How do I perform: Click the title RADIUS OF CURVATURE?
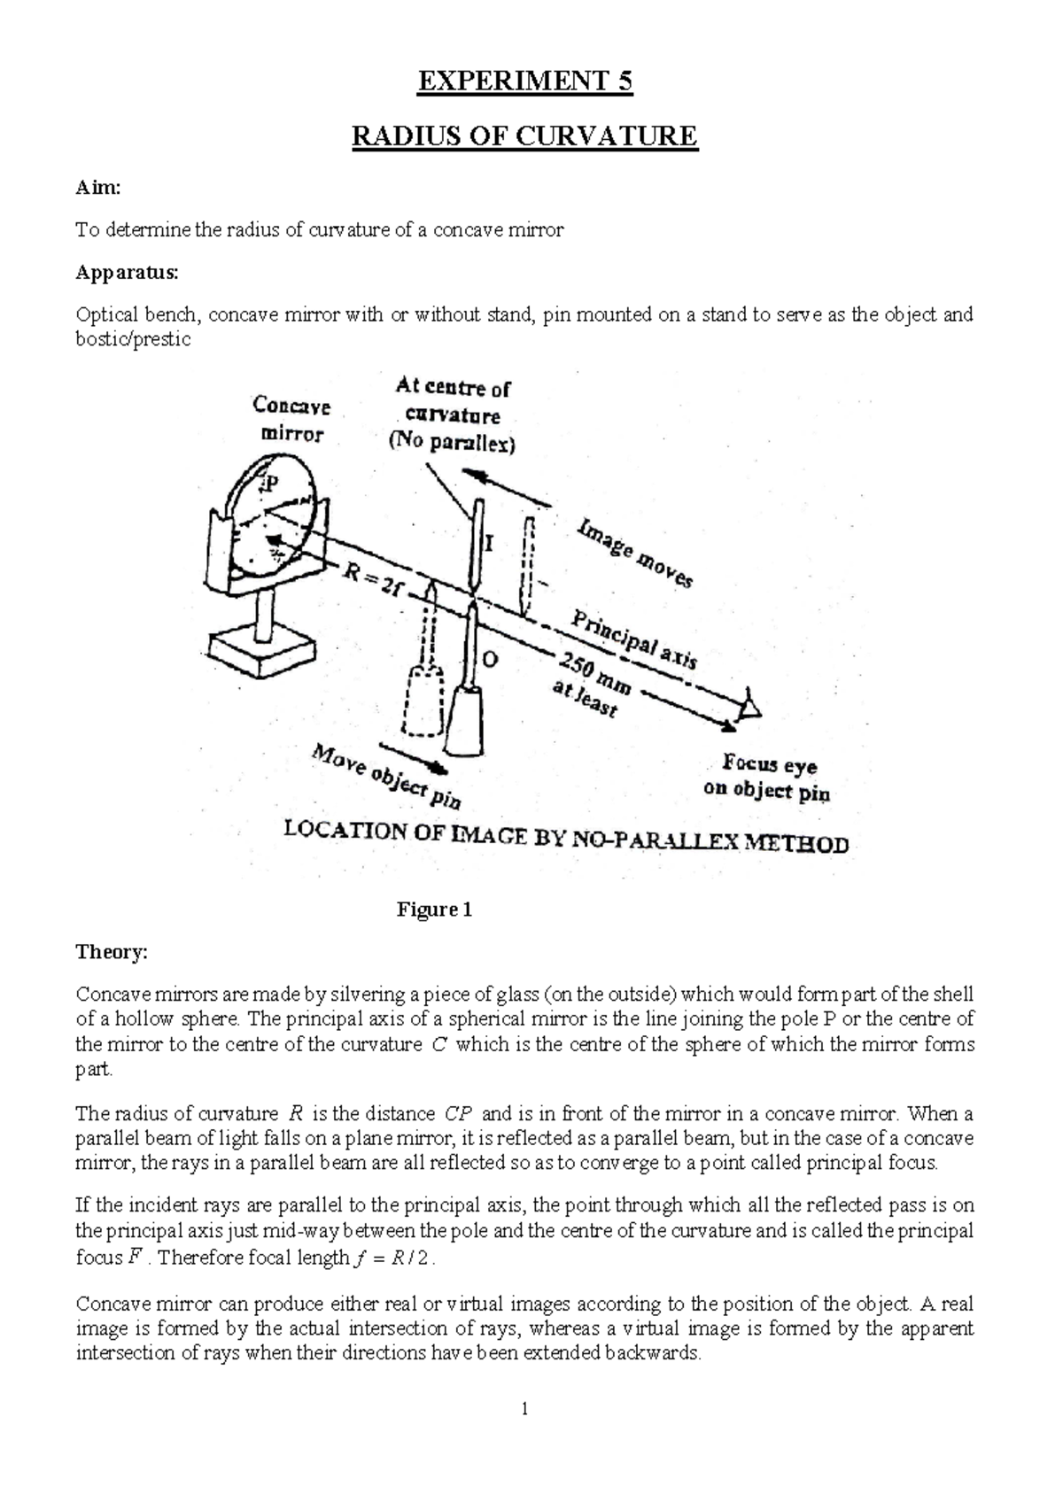(x=525, y=137)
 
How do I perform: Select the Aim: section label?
(x=97, y=188)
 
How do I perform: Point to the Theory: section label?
(x=112, y=952)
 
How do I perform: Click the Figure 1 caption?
(x=434, y=910)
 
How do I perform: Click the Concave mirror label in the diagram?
(x=291, y=420)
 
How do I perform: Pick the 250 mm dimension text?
(x=592, y=674)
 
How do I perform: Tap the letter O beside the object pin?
(x=489, y=660)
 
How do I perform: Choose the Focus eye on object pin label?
(x=767, y=777)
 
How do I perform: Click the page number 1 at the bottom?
(x=524, y=1409)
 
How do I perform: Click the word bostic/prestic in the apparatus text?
(x=133, y=339)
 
